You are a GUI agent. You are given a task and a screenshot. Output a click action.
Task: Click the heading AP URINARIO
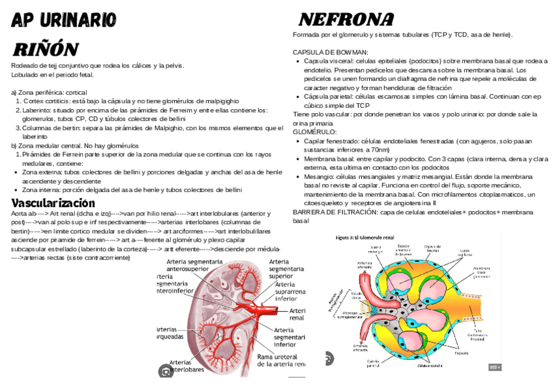(64, 20)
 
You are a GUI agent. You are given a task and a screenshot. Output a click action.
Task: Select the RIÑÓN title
(46, 49)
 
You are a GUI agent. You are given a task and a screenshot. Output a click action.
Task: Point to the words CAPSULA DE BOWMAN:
(331, 52)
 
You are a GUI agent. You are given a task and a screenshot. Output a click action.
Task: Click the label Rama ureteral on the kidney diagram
(277, 357)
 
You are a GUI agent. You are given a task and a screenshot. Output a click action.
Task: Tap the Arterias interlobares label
(186, 366)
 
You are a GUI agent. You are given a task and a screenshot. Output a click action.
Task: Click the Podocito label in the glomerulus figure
(462, 353)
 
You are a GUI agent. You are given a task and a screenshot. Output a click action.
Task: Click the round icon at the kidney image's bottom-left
(166, 371)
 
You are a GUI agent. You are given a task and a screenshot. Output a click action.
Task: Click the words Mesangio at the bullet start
(317, 177)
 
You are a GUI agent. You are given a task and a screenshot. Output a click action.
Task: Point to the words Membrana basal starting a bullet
(327, 159)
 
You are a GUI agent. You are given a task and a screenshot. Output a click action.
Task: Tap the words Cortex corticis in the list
(42, 101)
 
